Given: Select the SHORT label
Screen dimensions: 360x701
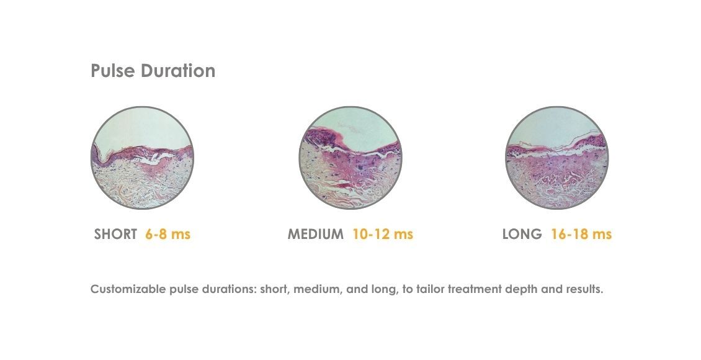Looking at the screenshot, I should (x=115, y=235).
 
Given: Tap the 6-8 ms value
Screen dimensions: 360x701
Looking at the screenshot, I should (x=167, y=235).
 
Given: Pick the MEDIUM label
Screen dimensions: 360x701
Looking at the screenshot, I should (x=315, y=235).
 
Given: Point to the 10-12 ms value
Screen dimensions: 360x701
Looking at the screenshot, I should (x=382, y=235).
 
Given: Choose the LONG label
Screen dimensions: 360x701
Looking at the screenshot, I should (x=522, y=235).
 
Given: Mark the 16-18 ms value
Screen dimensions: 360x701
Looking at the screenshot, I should (x=581, y=235).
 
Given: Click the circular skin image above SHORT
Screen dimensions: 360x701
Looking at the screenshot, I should (x=142, y=158).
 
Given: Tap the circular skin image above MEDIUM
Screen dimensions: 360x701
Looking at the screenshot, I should (x=351, y=158).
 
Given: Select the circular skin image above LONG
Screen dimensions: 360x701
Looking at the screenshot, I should (x=557, y=158).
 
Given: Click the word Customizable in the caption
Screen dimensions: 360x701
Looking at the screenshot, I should (x=127, y=290).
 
